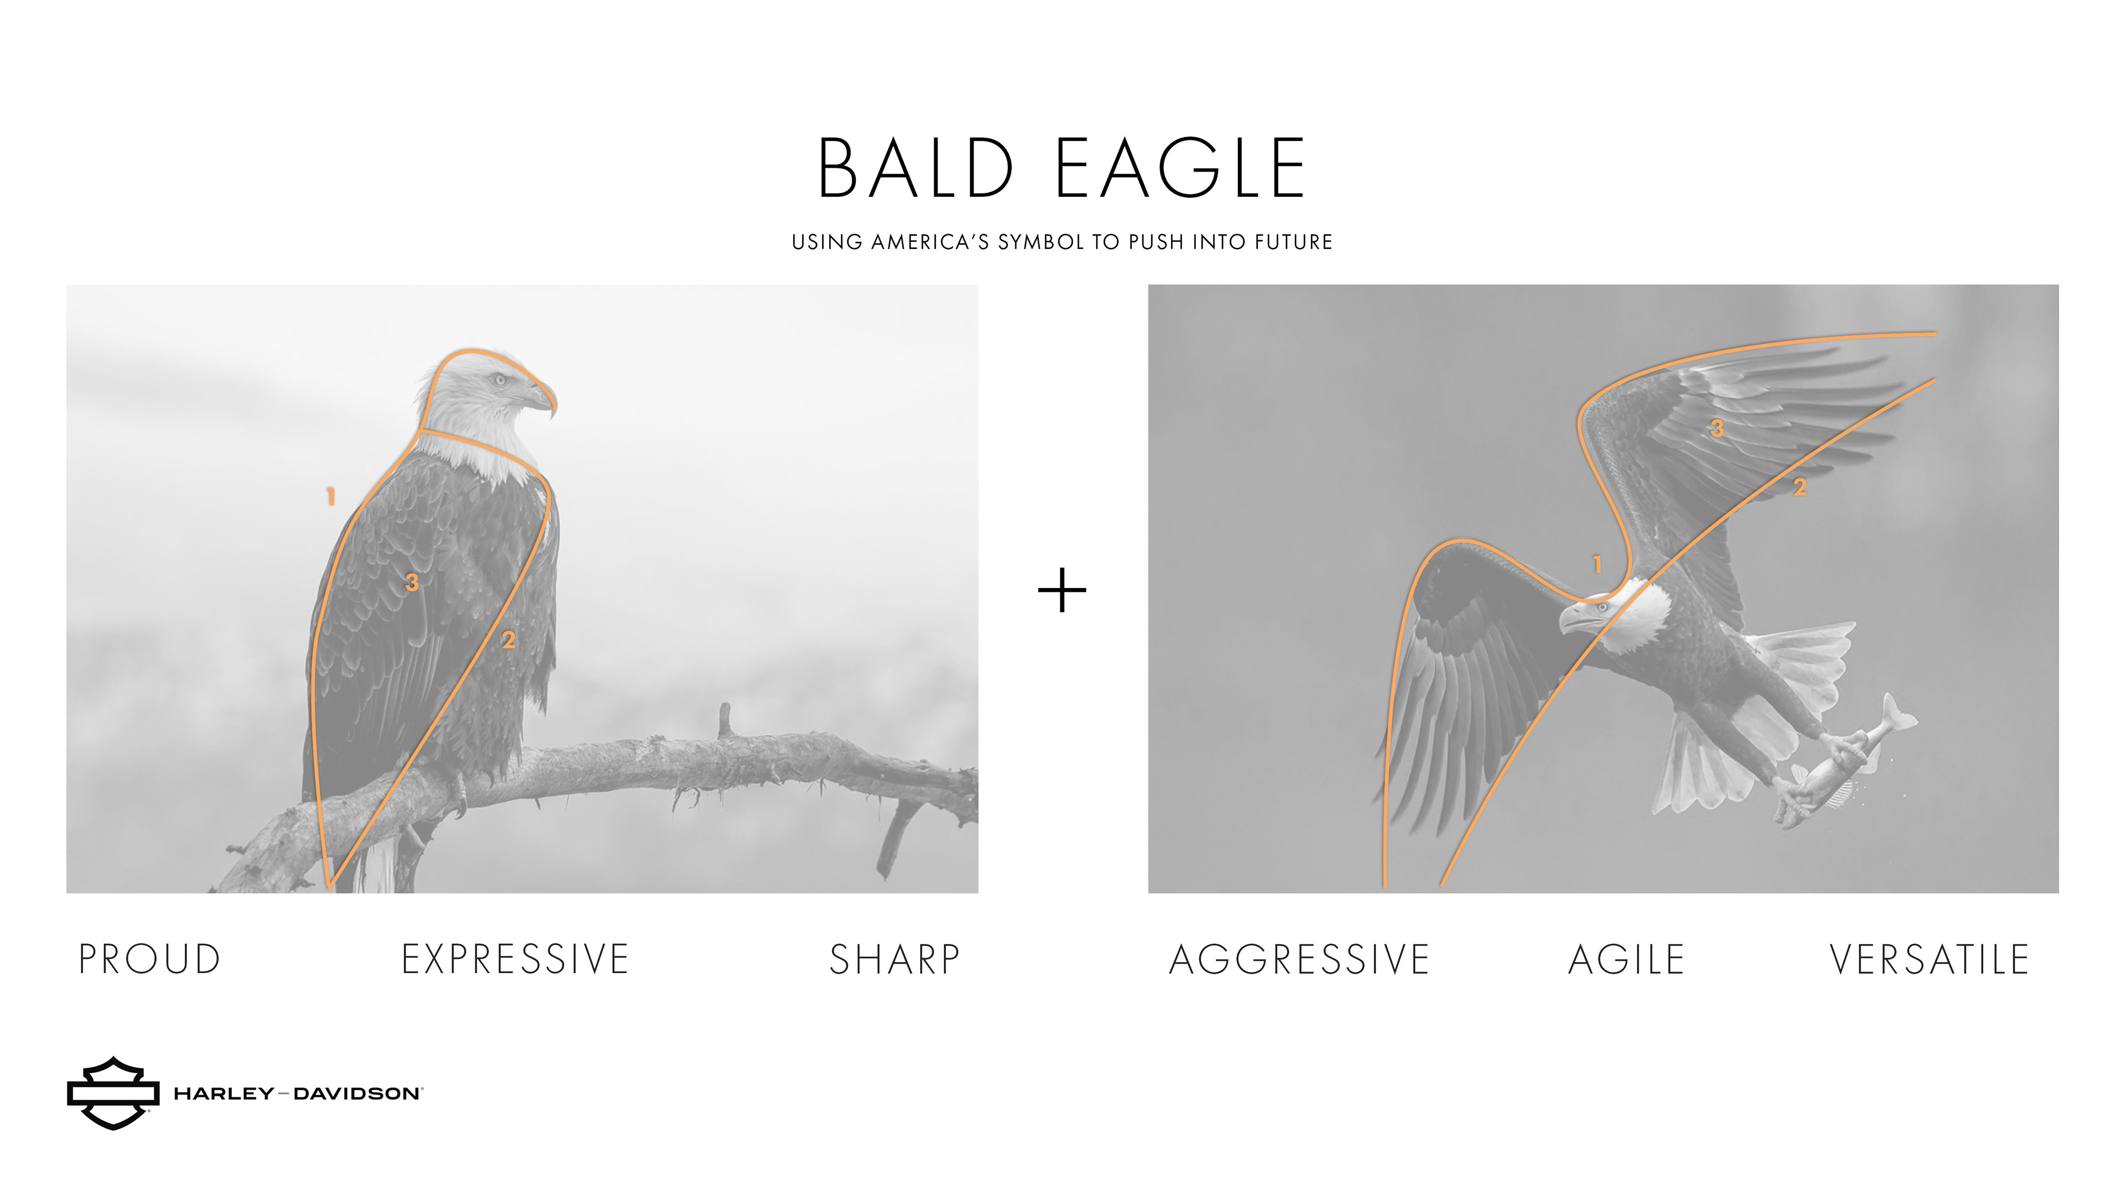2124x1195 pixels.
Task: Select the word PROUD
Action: [x=149, y=959]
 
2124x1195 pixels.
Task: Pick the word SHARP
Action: [x=894, y=959]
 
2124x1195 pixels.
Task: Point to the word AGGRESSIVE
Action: [x=1299, y=959]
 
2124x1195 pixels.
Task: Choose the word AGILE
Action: [x=1626, y=959]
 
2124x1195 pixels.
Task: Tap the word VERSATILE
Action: [x=1929, y=959]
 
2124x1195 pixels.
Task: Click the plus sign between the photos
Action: [x=1062, y=590]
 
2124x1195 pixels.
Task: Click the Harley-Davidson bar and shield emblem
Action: [x=113, y=1093]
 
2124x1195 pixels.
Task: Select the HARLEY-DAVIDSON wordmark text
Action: [x=298, y=1094]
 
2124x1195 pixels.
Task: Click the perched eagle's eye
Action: [x=499, y=380]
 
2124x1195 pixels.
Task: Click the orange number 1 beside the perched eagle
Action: [x=331, y=496]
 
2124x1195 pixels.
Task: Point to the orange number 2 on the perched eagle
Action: [x=509, y=639]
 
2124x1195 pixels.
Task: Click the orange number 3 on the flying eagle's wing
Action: [x=1717, y=428]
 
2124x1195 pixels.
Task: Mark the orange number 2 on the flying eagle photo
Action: [x=1800, y=487]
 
